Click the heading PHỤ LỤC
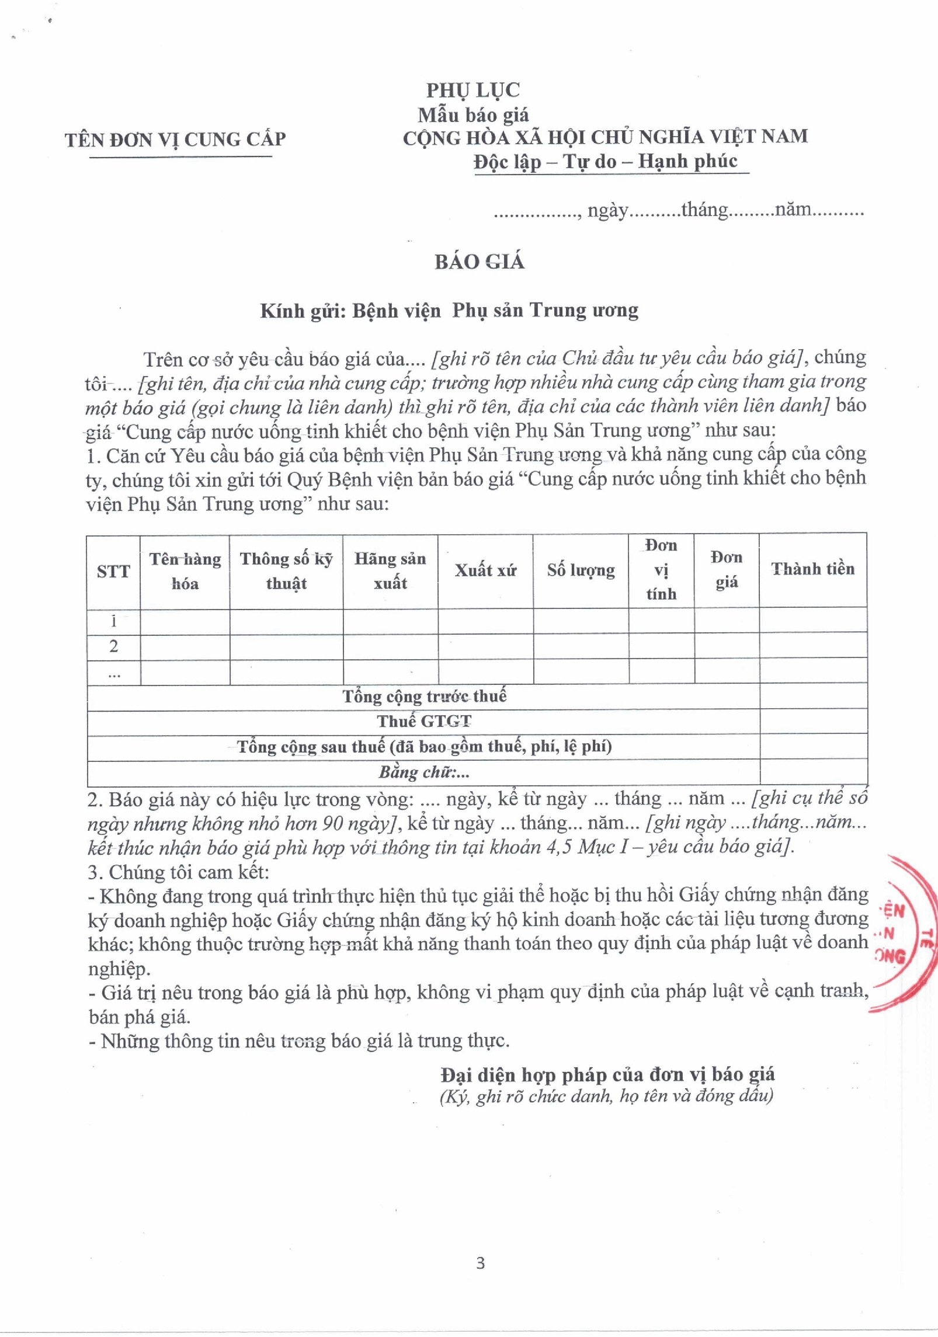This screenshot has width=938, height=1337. (473, 90)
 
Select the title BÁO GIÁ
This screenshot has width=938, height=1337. (479, 261)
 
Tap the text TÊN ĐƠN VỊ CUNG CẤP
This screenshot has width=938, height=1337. (175, 140)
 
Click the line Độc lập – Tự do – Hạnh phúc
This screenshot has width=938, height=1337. (605, 161)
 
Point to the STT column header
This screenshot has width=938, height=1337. (113, 571)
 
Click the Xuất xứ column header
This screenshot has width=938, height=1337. (485, 570)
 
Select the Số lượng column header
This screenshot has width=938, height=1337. (581, 570)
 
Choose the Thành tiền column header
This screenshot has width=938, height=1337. (812, 569)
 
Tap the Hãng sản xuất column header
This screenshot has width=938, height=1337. (390, 571)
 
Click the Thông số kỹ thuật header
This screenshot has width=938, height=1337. (286, 571)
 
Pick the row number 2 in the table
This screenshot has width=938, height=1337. (113, 646)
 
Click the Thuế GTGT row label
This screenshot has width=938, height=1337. (424, 722)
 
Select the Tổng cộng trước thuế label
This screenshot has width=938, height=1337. (424, 696)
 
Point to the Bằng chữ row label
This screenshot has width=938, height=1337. (424, 772)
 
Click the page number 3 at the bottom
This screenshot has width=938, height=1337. (480, 1263)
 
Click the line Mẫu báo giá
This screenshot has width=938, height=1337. (473, 114)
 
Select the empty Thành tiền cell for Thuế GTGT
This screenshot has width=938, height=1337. (813, 722)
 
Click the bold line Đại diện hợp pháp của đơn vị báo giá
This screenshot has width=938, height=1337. (607, 1074)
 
